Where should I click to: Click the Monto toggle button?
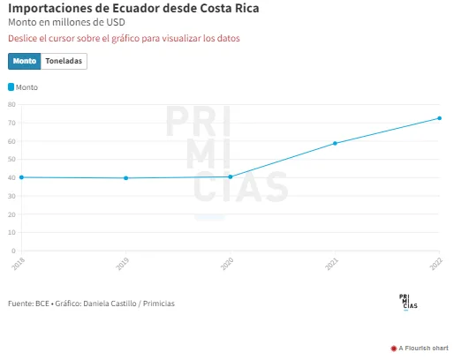click(24, 61)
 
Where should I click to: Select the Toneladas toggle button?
click(64, 61)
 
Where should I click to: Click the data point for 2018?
click(21, 177)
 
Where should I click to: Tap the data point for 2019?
click(126, 178)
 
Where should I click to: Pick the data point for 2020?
click(231, 176)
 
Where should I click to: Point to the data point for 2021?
click(335, 144)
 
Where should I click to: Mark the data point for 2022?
click(439, 118)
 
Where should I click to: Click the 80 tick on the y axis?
click(11, 104)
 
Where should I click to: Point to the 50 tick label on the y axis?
click(11, 159)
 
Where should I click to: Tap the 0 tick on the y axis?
click(13, 251)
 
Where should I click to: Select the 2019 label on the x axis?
click(123, 264)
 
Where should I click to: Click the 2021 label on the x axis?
click(331, 264)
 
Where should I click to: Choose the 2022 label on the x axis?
click(435, 264)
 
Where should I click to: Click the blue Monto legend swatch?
click(11, 87)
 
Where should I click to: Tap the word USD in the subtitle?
click(116, 22)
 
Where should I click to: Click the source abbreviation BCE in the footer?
click(42, 304)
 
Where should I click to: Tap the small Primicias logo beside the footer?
click(408, 302)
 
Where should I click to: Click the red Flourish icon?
click(394, 349)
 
